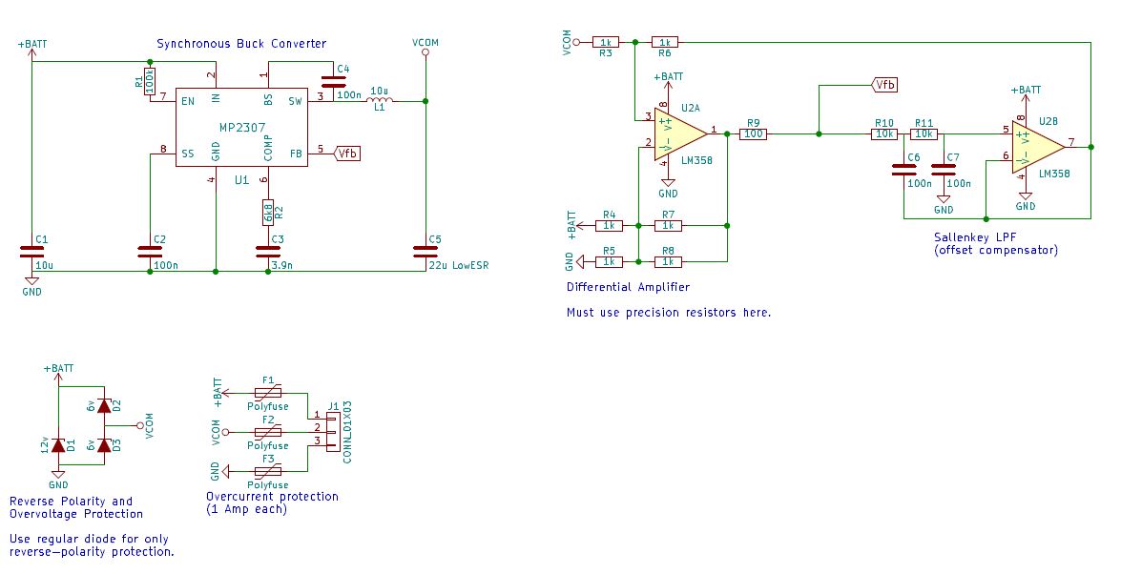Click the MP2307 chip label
point(241,127)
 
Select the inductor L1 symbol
point(380,100)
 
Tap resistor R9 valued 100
point(754,134)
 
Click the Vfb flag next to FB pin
point(347,154)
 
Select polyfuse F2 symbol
point(268,434)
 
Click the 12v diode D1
point(59,444)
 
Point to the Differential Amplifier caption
point(628,286)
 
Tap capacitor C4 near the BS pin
point(333,83)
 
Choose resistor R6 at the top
point(666,42)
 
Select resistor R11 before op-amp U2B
point(924,134)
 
